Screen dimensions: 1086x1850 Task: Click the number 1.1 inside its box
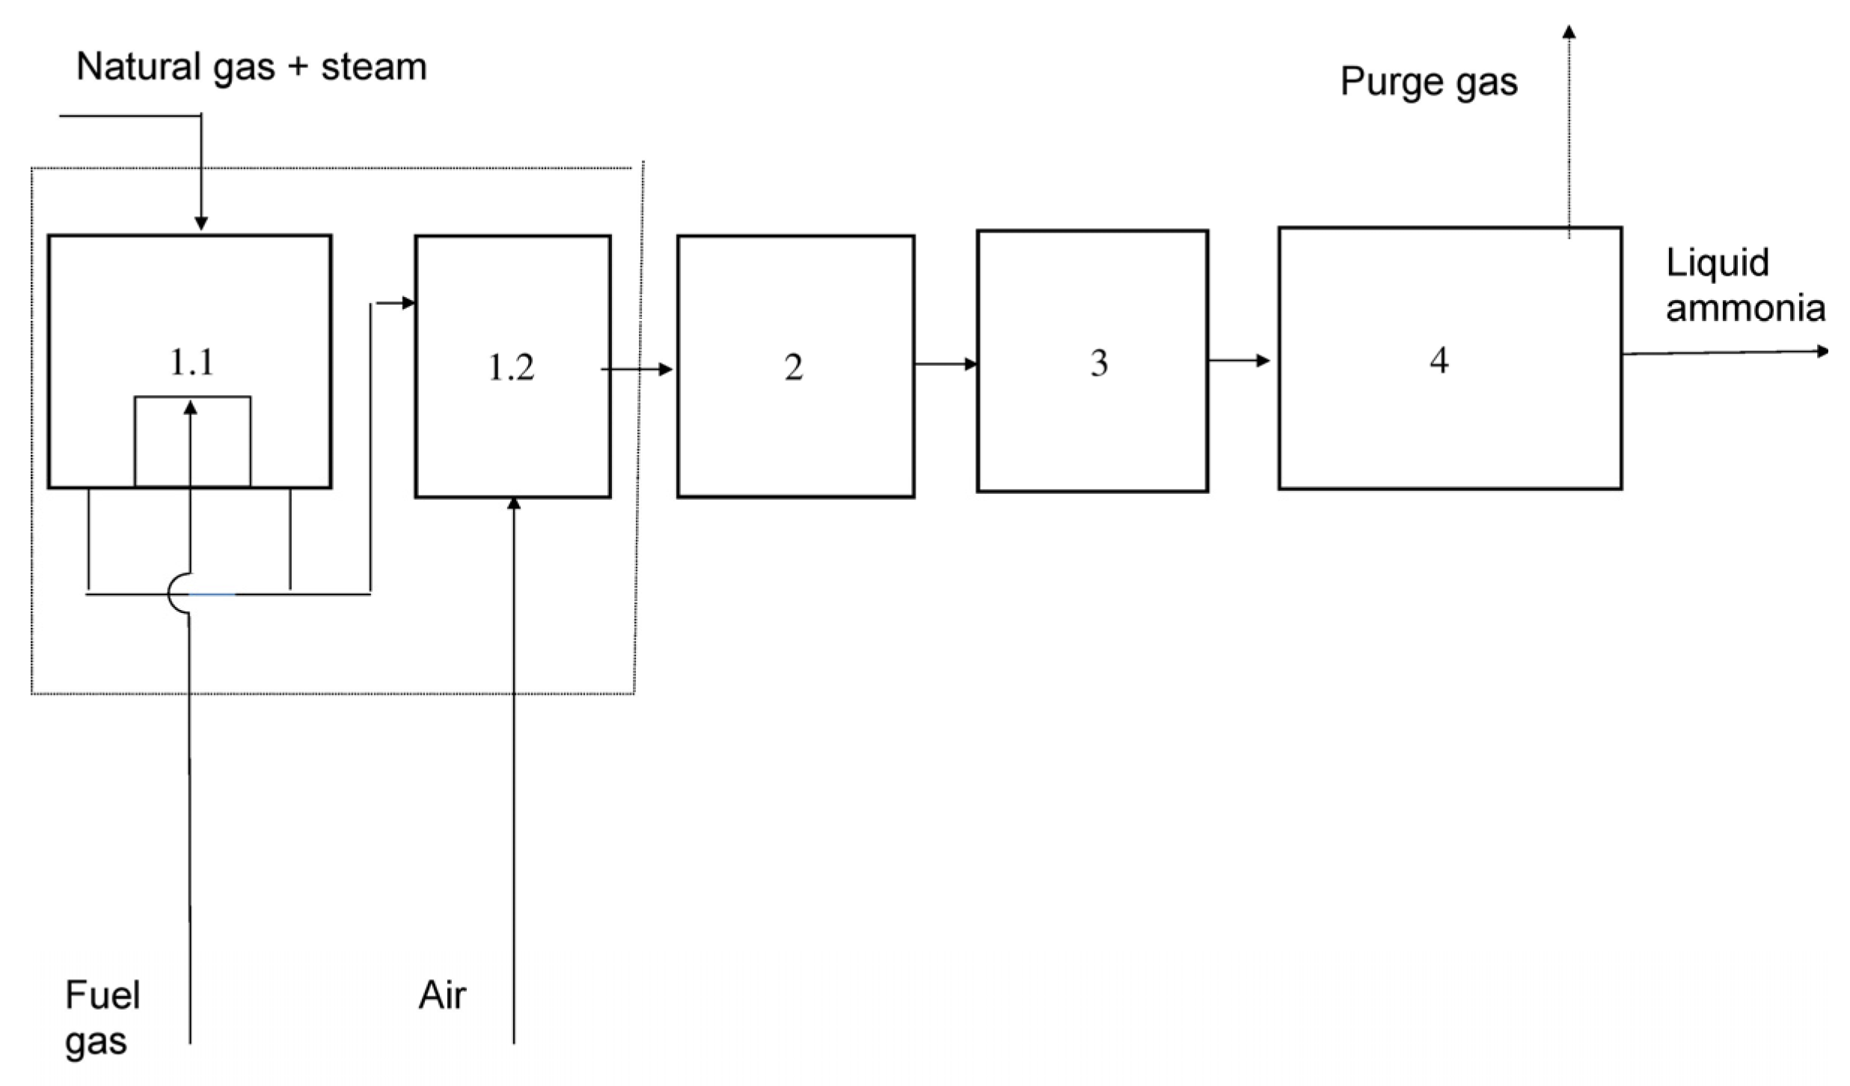[x=192, y=363]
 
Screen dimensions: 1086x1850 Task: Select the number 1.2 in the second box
[x=512, y=367]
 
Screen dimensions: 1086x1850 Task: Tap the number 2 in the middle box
[x=794, y=367]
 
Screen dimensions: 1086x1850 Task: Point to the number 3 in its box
[x=1098, y=363]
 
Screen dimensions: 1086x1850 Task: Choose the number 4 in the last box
[x=1439, y=360]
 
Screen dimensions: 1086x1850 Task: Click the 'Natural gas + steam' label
[x=251, y=67]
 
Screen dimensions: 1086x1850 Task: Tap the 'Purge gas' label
[x=1429, y=82]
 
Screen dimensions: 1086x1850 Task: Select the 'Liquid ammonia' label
[x=1745, y=286]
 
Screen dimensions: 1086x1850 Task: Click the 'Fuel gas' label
[x=102, y=1018]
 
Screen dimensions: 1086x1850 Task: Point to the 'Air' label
[x=442, y=995]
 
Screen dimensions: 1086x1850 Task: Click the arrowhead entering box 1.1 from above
[x=201, y=224]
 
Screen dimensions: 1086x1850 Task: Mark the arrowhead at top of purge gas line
[x=1569, y=31]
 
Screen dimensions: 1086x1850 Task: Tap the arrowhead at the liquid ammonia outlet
[x=1822, y=351]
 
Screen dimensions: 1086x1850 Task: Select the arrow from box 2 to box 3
[x=946, y=364]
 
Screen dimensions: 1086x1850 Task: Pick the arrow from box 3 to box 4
[x=1239, y=361]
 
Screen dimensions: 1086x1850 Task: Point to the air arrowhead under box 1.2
[x=513, y=504]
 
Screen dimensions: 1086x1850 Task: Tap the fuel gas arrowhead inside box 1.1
[x=190, y=407]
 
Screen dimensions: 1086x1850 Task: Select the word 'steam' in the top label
[x=374, y=67]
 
